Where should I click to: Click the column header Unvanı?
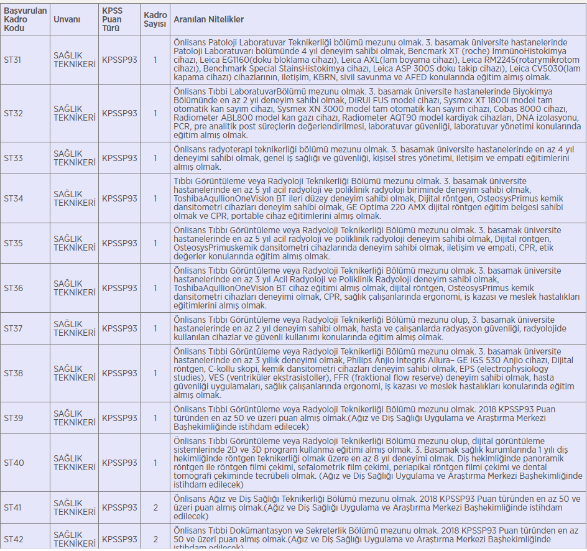pyautogui.click(x=67, y=20)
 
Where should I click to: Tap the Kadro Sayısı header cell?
pyautogui.click(x=155, y=20)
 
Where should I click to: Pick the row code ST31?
pyautogui.click(x=13, y=60)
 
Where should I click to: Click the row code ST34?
pyautogui.click(x=13, y=198)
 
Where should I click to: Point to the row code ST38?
pyautogui.click(x=13, y=373)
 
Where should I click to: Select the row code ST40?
pyautogui.click(x=14, y=463)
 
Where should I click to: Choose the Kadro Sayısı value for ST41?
pyautogui.click(x=155, y=507)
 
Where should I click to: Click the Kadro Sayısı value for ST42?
pyautogui.click(x=155, y=539)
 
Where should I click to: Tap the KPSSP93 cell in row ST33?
pyautogui.click(x=119, y=158)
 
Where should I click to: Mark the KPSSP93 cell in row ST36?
pyautogui.click(x=119, y=289)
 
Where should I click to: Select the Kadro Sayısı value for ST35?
pyautogui.click(x=155, y=243)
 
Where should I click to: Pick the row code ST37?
pyautogui.click(x=13, y=328)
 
